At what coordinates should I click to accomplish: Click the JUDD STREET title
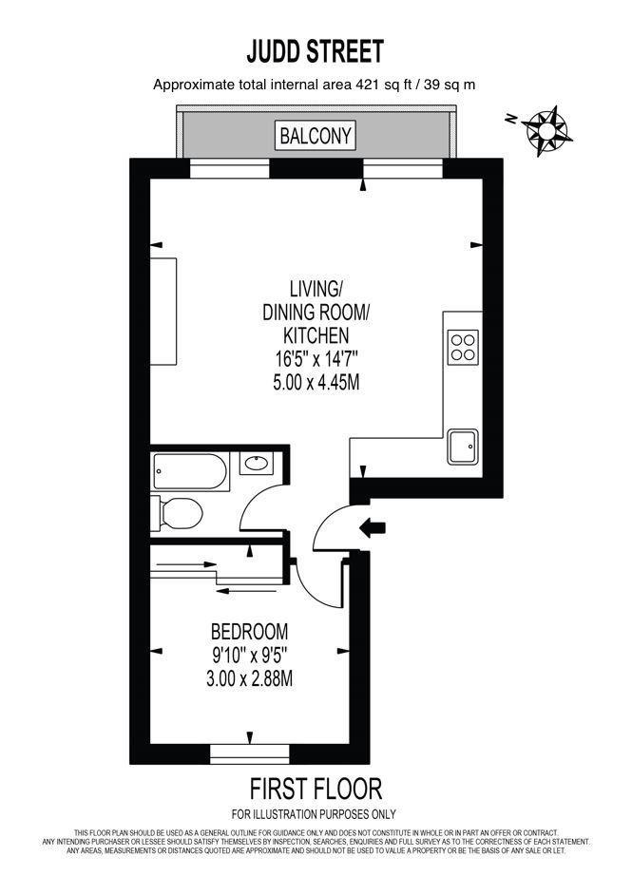point(315,50)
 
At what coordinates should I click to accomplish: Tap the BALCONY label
point(316,136)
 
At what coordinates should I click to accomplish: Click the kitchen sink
point(463,446)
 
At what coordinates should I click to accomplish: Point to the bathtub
point(190,470)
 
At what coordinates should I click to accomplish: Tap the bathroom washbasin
point(255,465)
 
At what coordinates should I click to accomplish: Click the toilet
point(178,513)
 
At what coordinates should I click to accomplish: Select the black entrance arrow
point(372,525)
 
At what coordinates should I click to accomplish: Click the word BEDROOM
point(249,631)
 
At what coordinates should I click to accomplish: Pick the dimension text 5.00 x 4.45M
point(316,383)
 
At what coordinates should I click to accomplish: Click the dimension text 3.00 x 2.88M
point(249,678)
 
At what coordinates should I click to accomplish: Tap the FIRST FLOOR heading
point(316,788)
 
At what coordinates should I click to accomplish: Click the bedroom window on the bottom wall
point(249,752)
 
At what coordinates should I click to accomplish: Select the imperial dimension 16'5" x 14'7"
point(316,359)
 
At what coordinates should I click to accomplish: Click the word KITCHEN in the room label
point(316,335)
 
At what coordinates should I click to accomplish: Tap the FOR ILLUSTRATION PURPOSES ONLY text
point(315,814)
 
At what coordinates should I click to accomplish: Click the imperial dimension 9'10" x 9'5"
point(249,655)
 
